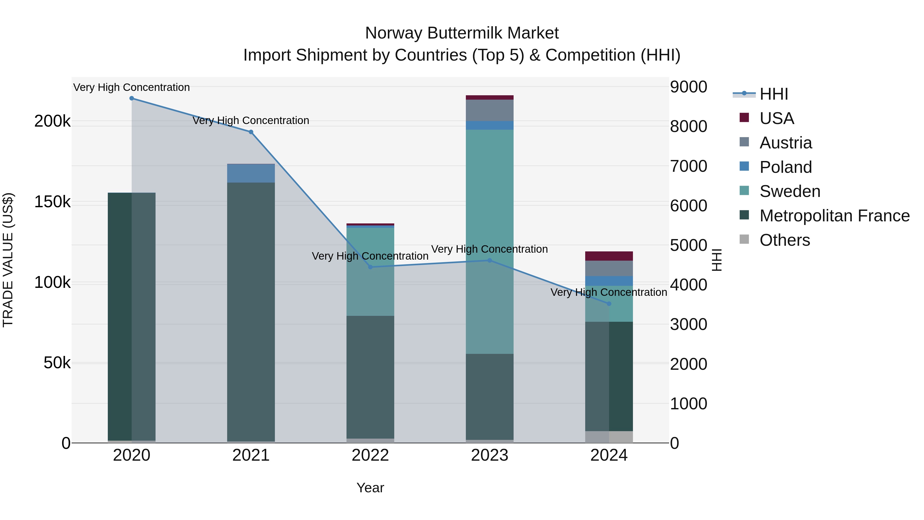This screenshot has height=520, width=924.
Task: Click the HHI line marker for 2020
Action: click(132, 98)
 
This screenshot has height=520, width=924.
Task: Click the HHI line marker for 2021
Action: click(251, 132)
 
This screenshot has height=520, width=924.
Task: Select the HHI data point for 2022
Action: click(371, 267)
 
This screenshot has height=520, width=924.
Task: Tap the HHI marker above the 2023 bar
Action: click(490, 261)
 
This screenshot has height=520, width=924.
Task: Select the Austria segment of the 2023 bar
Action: click(490, 110)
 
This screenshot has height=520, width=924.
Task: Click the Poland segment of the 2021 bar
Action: click(251, 173)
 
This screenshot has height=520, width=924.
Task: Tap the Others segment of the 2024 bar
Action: click(609, 437)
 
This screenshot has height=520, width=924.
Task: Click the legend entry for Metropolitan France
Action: click(834, 216)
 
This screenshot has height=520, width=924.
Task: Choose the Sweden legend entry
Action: click(790, 191)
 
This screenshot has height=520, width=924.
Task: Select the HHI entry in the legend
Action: click(774, 94)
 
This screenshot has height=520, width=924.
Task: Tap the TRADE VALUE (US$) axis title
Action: click(8, 260)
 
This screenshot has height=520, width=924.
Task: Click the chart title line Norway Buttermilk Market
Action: click(462, 33)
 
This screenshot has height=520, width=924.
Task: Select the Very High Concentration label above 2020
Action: click(132, 87)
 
